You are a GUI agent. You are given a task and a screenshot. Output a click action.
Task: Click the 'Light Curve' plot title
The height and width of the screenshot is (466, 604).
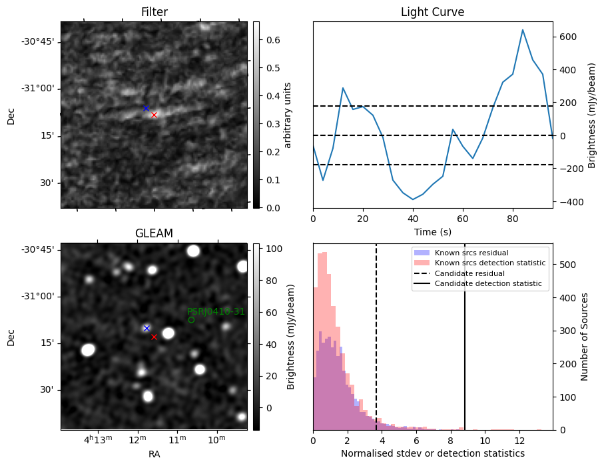point(432,12)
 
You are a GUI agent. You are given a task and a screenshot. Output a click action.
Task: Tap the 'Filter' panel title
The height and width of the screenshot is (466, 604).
point(154,12)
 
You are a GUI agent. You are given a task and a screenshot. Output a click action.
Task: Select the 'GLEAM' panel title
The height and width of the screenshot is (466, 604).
point(154,233)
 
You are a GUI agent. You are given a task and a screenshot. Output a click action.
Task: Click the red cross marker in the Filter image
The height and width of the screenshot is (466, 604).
point(154,115)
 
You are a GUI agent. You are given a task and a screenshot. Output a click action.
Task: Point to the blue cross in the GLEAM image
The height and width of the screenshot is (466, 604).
point(147,328)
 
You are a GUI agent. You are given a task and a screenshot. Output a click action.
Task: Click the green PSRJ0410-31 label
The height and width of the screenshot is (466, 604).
point(216,311)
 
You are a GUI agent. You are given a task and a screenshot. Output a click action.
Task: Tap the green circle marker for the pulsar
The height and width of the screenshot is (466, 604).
point(191,320)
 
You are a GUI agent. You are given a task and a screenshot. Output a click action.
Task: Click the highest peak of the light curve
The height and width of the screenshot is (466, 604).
point(523,30)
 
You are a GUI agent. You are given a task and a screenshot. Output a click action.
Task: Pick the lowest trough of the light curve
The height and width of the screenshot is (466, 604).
point(413,199)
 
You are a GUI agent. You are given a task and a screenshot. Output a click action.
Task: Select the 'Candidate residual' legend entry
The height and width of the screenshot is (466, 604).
point(466,274)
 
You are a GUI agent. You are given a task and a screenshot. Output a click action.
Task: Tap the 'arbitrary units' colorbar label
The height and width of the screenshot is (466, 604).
point(288,115)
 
